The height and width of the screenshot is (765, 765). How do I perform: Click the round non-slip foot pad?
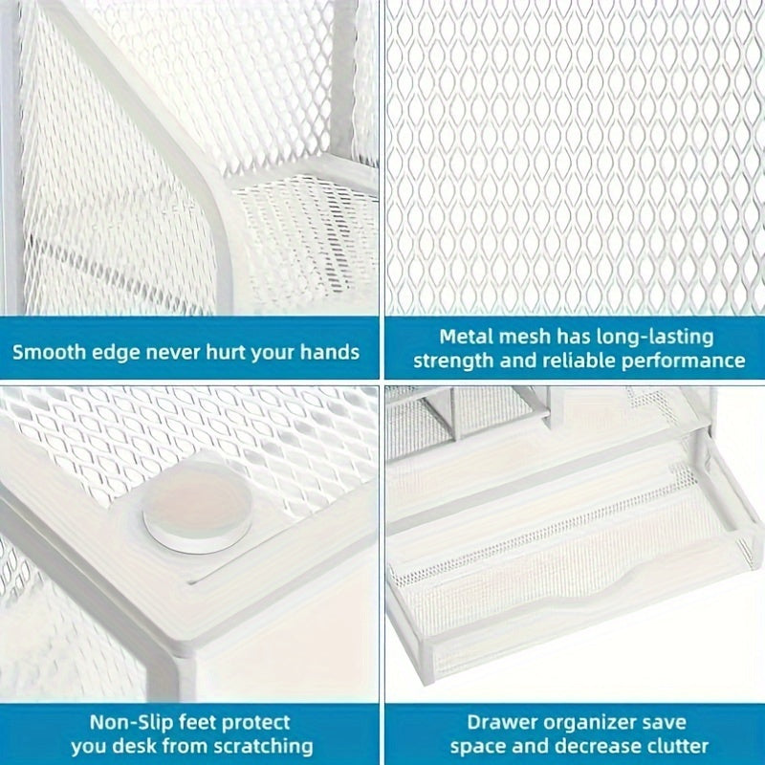pyautogui.click(x=197, y=507)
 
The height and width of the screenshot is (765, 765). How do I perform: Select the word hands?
pyautogui.click(x=332, y=351)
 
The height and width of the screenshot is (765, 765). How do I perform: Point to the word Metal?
pyautogui.click(x=466, y=337)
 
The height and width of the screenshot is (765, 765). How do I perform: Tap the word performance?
pyautogui.click(x=686, y=361)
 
